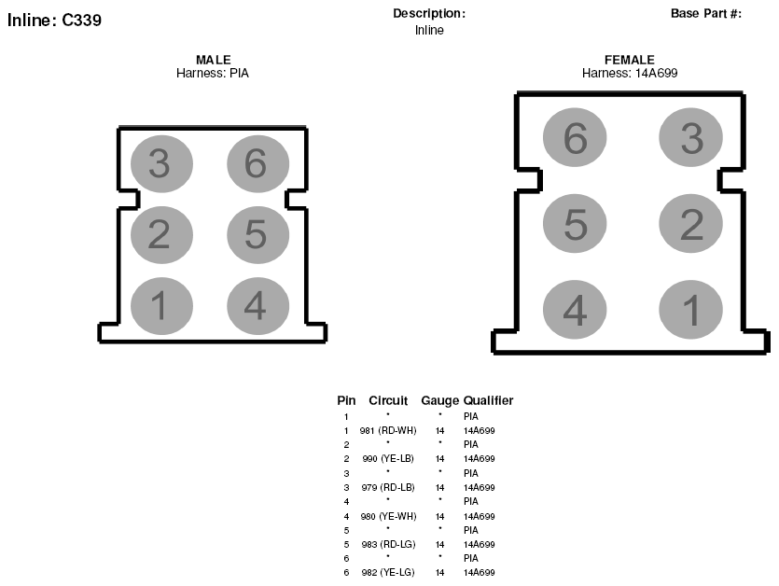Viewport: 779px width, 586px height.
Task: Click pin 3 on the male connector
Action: tap(161, 163)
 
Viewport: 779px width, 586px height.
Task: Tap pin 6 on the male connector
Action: tap(257, 163)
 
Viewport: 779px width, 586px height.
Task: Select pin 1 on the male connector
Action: tap(161, 306)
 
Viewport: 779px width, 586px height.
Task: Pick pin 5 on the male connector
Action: tap(257, 234)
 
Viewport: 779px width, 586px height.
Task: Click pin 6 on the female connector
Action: tap(575, 137)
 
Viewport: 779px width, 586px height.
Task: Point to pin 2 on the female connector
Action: tap(691, 223)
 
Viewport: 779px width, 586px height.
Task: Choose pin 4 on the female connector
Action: tap(575, 309)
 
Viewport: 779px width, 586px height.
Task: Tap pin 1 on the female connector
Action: tap(691, 309)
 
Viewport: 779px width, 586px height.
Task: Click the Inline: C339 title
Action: tap(54, 20)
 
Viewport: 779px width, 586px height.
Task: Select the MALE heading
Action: tap(213, 60)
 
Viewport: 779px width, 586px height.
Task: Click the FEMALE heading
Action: tap(630, 60)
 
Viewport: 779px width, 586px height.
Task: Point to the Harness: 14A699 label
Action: tap(630, 73)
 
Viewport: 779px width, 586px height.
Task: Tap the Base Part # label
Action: tap(706, 13)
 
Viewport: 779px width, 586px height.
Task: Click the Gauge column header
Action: tap(439, 400)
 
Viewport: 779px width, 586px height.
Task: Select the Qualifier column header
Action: tap(488, 400)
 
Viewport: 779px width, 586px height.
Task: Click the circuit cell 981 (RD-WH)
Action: tap(388, 430)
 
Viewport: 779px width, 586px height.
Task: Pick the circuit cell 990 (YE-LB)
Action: tap(388, 458)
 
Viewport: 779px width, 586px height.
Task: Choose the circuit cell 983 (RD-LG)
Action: tap(388, 544)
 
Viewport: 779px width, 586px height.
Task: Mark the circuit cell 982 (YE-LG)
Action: tap(388, 573)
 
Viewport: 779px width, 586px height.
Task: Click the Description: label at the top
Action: tap(429, 13)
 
